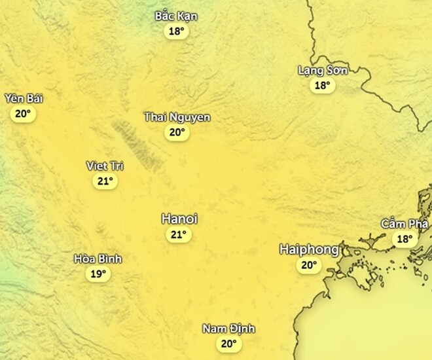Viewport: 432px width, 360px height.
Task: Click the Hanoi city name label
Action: point(179,219)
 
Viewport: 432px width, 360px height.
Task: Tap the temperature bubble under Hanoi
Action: point(177,234)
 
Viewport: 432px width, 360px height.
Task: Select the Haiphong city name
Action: point(309,249)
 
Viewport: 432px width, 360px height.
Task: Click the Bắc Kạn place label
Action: point(176,16)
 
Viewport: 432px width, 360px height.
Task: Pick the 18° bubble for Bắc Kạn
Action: point(176,31)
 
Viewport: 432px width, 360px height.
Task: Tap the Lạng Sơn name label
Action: point(322,70)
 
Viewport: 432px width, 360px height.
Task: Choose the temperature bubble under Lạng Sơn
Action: point(321,85)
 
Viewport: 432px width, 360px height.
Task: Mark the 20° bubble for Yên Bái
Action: point(22,113)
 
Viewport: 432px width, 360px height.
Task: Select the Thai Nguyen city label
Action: point(177,117)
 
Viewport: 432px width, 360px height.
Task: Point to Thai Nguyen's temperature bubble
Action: point(177,132)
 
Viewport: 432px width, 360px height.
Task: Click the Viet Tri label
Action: point(105,166)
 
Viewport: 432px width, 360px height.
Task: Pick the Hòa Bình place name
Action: point(98,259)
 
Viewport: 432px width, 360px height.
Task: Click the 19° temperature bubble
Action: point(98,274)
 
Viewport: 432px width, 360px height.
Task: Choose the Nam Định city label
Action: point(228,329)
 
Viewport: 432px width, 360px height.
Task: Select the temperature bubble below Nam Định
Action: point(228,343)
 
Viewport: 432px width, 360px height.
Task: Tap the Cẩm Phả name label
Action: point(405,224)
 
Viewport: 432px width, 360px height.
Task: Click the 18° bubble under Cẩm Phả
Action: point(405,239)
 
